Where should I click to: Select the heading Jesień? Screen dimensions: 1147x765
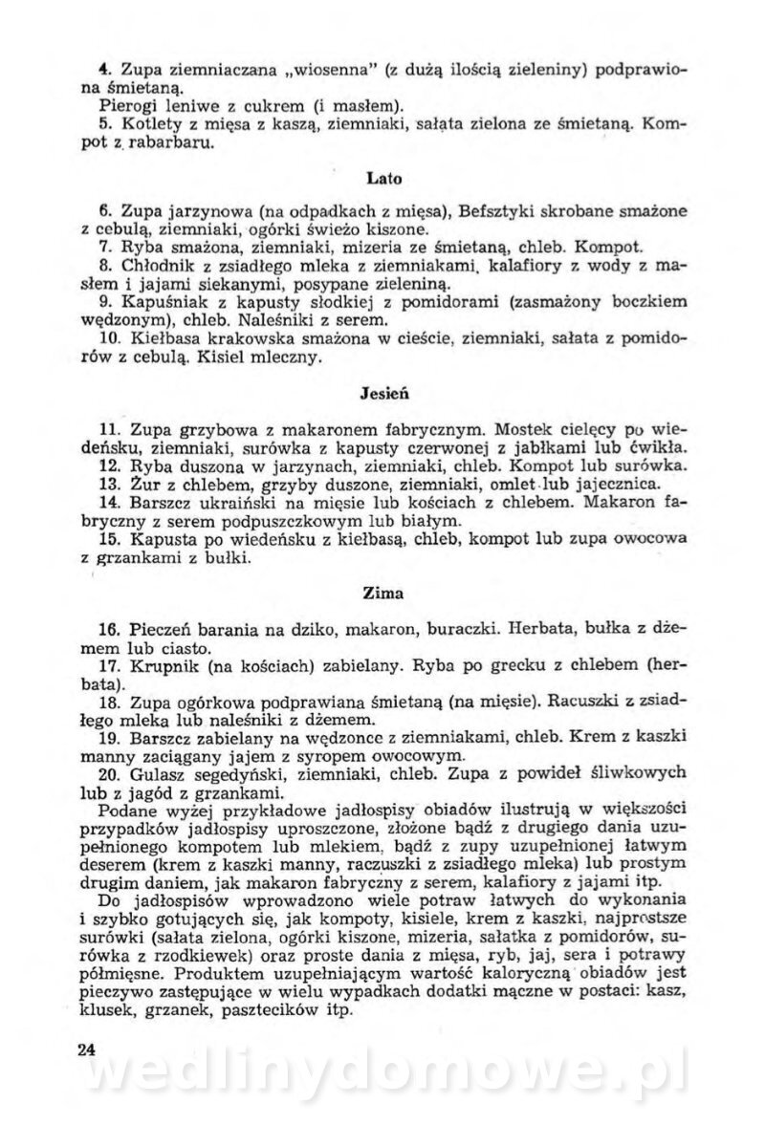point(382,392)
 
